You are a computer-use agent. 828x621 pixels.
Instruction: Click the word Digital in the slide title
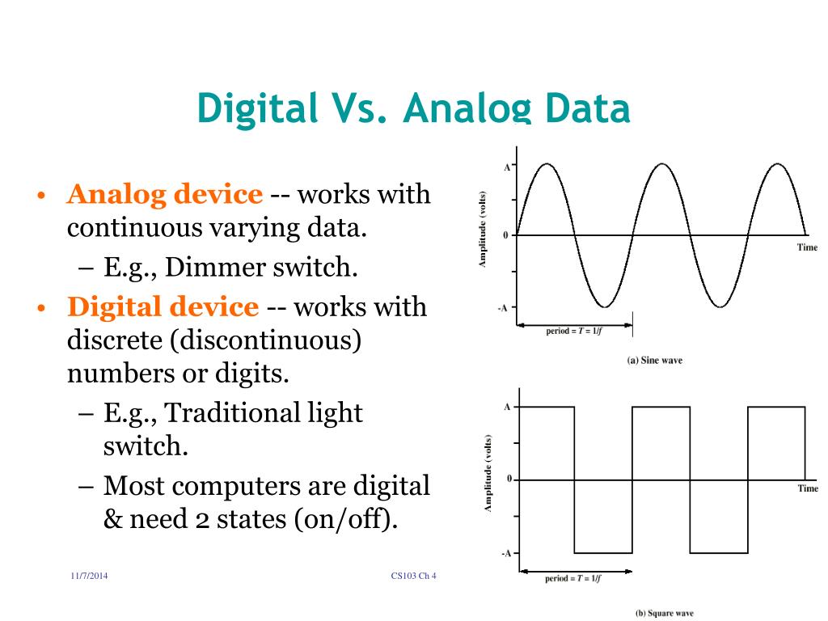[x=258, y=108]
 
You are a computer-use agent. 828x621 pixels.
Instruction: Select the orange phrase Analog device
[x=165, y=195]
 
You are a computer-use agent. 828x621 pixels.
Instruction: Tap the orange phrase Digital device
[x=163, y=307]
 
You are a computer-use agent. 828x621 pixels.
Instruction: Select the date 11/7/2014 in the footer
[x=89, y=576]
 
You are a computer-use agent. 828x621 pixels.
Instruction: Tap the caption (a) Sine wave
[x=655, y=360]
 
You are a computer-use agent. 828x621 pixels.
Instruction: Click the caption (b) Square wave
[x=665, y=613]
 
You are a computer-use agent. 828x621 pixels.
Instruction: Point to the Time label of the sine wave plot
[x=808, y=247]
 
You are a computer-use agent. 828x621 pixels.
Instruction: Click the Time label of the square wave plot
[x=808, y=488]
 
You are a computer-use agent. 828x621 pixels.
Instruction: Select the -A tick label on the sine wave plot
[x=503, y=307]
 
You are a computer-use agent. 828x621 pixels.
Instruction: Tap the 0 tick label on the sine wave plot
[x=506, y=235]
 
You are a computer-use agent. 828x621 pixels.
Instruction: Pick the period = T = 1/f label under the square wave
[x=573, y=579]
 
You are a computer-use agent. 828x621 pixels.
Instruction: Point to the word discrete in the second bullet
[x=112, y=340]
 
